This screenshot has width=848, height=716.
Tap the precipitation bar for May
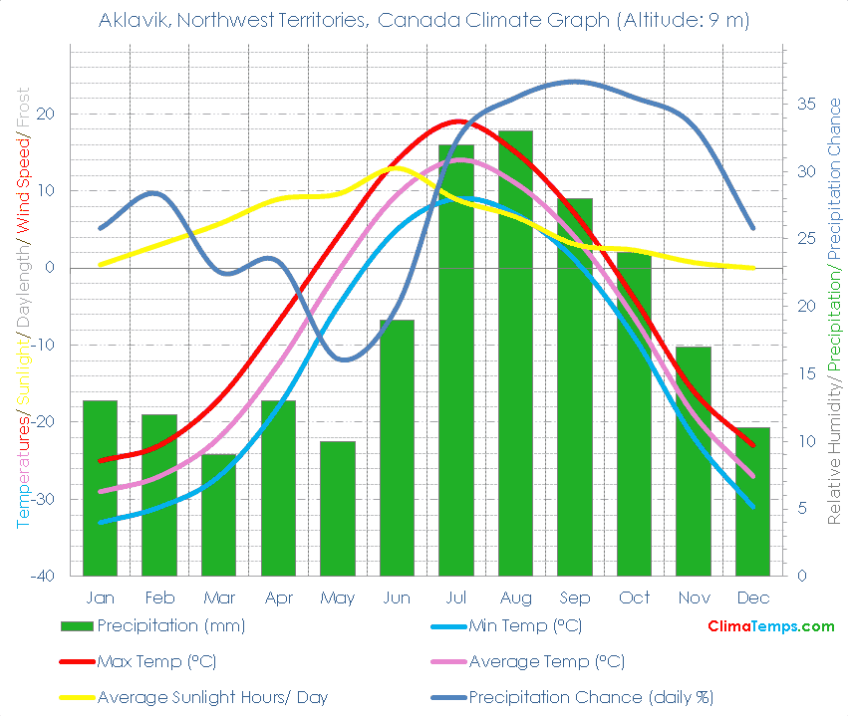tap(338, 508)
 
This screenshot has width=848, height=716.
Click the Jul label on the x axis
tap(455, 597)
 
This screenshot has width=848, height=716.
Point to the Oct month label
tap(634, 597)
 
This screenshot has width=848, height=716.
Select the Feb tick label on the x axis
tap(159, 597)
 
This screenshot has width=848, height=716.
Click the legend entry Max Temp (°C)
tap(156, 661)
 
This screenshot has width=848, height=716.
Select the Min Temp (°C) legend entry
tap(525, 626)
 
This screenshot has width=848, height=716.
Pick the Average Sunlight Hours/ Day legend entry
tap(211, 697)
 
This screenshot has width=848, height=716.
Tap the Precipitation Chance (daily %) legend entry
tap(591, 697)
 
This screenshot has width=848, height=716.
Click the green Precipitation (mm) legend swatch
tap(77, 626)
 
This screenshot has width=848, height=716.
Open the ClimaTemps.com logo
tap(770, 626)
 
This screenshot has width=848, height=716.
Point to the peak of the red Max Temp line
tap(457, 121)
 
